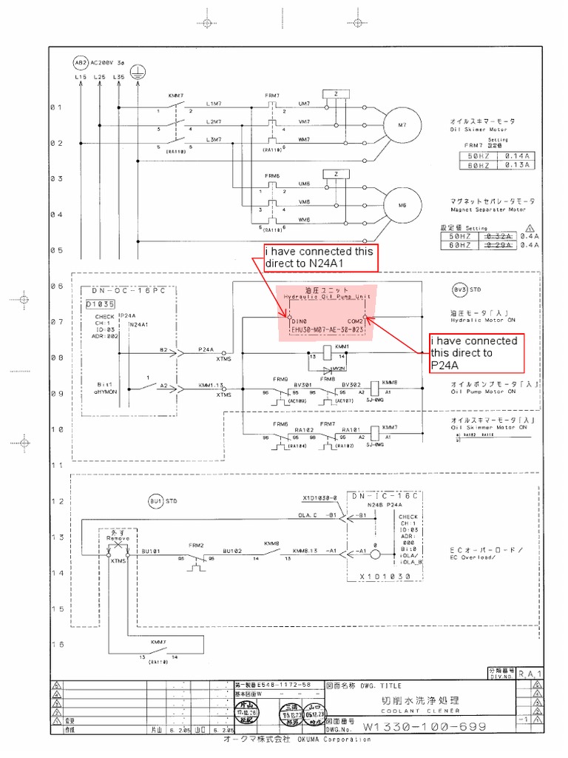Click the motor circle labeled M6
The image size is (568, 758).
pyautogui.click(x=402, y=204)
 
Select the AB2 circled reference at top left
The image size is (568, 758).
pyautogui.click(x=81, y=63)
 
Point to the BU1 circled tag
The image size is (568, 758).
pyautogui.click(x=155, y=501)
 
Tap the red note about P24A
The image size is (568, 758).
pyautogui.click(x=478, y=353)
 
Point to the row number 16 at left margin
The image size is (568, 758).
pyautogui.click(x=57, y=645)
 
